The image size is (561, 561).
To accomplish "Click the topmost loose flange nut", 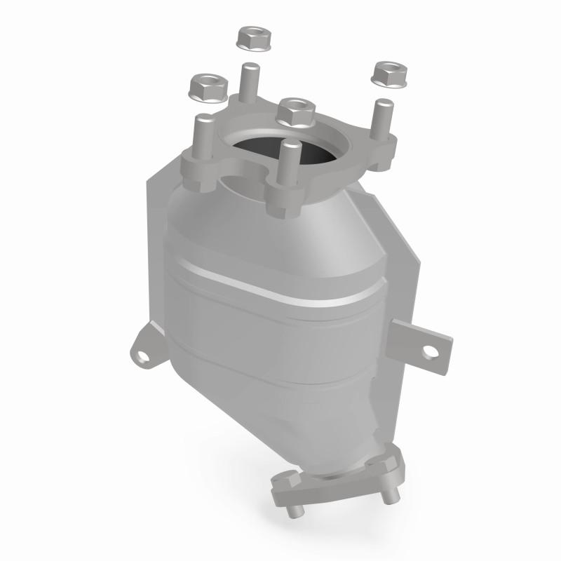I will [x=255, y=39].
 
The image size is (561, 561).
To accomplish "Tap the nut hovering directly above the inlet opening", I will [x=295, y=110].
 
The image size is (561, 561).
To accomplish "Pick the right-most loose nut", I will [x=390, y=74].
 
